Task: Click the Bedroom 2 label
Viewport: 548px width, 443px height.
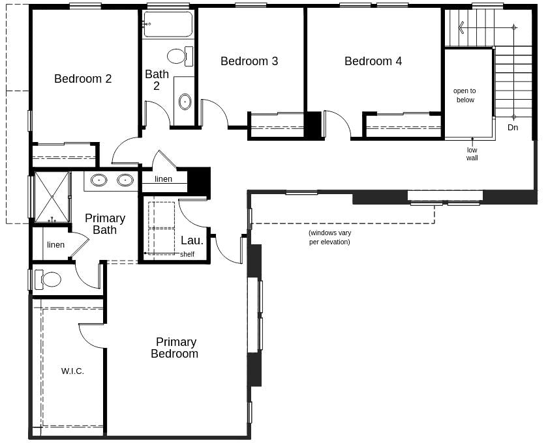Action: tap(83, 79)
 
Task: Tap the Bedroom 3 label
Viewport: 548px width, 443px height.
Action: tap(249, 61)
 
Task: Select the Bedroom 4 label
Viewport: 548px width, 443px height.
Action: tap(373, 61)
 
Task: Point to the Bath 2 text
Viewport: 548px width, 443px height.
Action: tap(157, 80)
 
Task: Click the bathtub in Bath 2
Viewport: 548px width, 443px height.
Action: tap(168, 25)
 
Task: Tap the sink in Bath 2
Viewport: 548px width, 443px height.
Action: tap(185, 102)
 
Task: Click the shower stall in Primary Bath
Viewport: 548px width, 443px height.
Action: tap(52, 197)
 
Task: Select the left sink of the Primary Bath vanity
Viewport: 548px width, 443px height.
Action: tap(99, 180)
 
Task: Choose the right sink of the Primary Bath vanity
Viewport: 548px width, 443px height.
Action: tap(125, 180)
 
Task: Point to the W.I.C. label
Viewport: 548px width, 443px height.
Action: tap(72, 371)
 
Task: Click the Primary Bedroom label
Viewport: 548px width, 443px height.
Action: tap(175, 348)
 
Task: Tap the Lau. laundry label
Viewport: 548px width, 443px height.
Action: tap(192, 240)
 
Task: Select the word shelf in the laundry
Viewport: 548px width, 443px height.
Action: tap(187, 254)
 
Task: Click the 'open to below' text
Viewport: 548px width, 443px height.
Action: tap(464, 95)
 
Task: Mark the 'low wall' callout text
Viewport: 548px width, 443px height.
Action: tap(472, 154)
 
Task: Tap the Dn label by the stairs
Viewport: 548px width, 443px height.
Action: tap(513, 128)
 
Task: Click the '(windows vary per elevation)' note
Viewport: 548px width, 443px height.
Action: tap(329, 237)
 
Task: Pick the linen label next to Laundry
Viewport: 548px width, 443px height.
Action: tap(163, 179)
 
